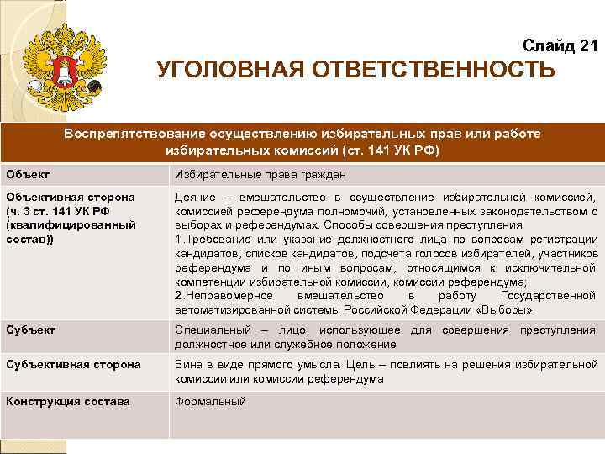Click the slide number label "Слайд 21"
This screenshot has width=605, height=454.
[x=560, y=45]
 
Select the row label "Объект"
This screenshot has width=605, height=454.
[x=28, y=174]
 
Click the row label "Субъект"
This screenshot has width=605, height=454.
[x=30, y=330]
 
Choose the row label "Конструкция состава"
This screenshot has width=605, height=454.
[x=68, y=401]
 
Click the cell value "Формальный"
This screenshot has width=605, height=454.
[x=210, y=402]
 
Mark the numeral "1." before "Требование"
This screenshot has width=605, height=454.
[x=179, y=239]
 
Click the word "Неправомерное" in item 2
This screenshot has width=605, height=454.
[x=226, y=296]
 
